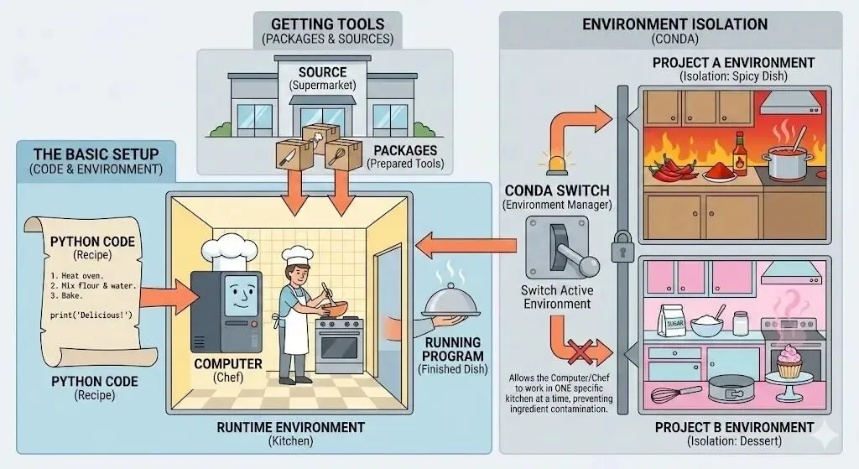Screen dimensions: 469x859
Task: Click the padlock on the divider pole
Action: [622, 249]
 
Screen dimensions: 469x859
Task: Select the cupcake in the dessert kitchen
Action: [789, 362]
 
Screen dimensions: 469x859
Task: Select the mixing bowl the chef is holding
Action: [331, 305]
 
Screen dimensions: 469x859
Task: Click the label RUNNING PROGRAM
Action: [452, 349]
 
